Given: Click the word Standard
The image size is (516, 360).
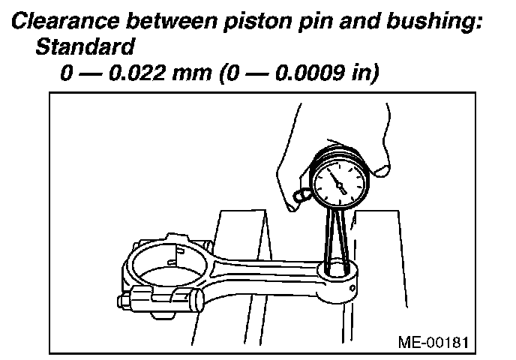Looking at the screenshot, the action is pos(85,47).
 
